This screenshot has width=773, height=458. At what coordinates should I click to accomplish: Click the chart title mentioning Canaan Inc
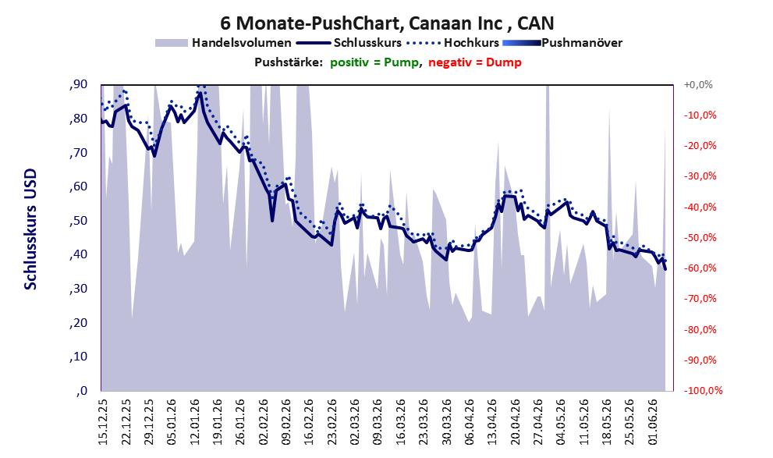point(387,23)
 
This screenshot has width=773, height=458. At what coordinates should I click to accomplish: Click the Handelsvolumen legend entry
point(223,43)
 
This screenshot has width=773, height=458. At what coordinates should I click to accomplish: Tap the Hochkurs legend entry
point(453,43)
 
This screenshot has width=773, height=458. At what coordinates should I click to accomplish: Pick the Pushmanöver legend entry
point(562,43)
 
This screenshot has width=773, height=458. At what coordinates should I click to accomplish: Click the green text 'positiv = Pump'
point(374,62)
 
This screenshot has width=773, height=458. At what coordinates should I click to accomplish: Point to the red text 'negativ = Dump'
point(475,62)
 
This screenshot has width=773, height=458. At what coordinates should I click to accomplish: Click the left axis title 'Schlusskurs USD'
point(30,229)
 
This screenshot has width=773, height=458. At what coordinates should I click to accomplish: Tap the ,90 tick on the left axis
point(78,84)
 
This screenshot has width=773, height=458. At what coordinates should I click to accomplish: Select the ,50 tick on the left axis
point(78,220)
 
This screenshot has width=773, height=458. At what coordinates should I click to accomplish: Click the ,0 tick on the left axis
point(82,391)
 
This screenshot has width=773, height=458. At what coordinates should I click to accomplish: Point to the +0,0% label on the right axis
point(698,85)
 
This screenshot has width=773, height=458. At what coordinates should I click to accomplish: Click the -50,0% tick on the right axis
point(700,238)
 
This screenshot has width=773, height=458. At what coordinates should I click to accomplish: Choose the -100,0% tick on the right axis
point(703,391)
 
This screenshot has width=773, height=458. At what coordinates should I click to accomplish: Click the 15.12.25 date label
point(102,422)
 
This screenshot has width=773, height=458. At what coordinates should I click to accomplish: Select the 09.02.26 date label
point(286,422)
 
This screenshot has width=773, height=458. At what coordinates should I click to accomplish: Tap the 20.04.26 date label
point(516,422)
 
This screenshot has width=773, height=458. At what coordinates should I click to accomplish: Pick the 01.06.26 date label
point(654,422)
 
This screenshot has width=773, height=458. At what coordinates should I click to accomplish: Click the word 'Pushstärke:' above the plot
point(289,62)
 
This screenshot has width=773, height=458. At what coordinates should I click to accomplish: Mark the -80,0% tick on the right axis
point(700,329)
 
